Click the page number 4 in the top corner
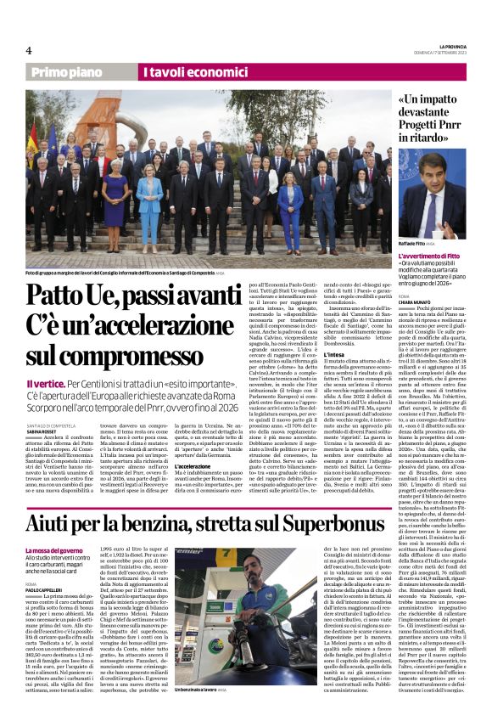coord(28,50)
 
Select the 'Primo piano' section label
coord(82,73)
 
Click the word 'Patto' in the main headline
coord(62,296)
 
